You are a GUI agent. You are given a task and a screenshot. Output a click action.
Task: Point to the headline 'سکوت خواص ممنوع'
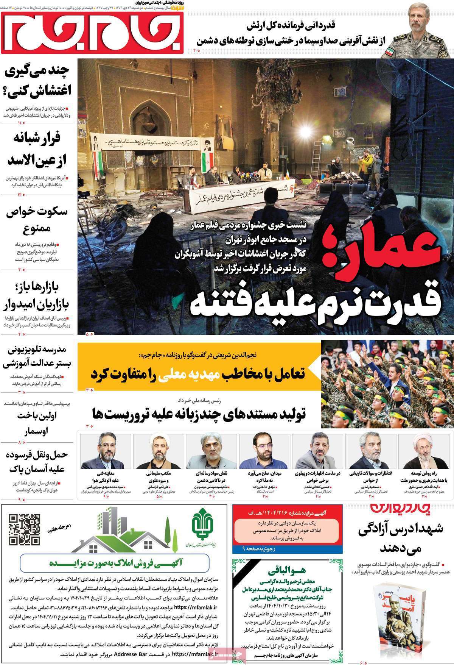point(37,219)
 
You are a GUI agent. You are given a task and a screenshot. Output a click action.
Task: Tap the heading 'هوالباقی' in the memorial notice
point(288,571)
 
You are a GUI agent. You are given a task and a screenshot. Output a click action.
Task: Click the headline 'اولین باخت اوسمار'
point(37,423)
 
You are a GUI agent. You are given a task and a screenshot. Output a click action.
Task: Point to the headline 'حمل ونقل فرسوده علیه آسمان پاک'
point(37,461)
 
